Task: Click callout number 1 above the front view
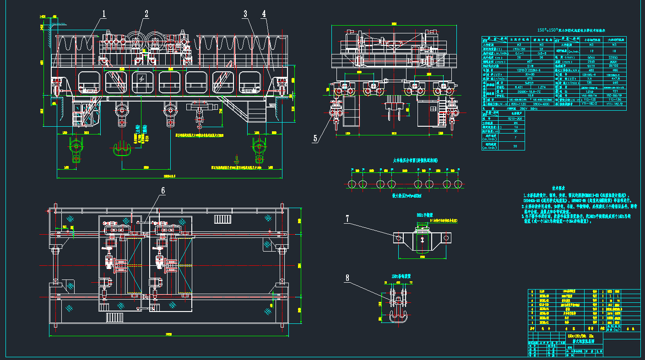[104, 14]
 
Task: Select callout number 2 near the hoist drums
[146, 14]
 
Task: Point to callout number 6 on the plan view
[162, 191]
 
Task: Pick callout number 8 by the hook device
[347, 277]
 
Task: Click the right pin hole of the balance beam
[445, 238]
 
